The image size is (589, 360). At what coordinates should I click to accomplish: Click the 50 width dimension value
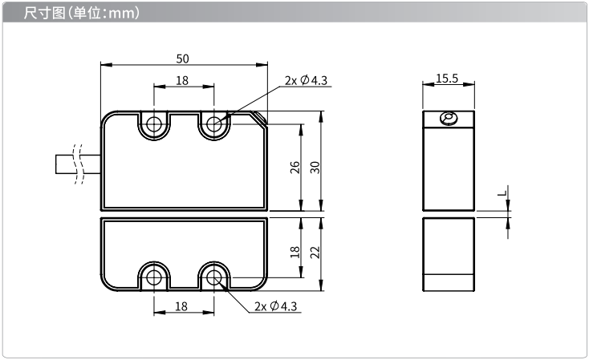(x=183, y=59)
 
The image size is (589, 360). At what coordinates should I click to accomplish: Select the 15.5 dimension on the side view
(x=447, y=78)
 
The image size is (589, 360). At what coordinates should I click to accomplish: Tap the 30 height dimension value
(x=315, y=168)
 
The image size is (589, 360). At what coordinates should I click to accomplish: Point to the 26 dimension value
(x=295, y=168)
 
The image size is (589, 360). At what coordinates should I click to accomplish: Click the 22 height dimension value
(x=315, y=253)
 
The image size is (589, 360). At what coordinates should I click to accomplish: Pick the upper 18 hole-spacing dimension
(x=182, y=80)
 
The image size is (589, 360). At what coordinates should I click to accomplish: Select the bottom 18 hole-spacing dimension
(x=181, y=306)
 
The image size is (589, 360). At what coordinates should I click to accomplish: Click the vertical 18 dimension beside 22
(x=295, y=253)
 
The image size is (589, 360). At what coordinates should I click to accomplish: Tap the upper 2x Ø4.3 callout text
(x=306, y=80)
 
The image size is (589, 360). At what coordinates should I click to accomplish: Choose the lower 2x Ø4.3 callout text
(x=276, y=306)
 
